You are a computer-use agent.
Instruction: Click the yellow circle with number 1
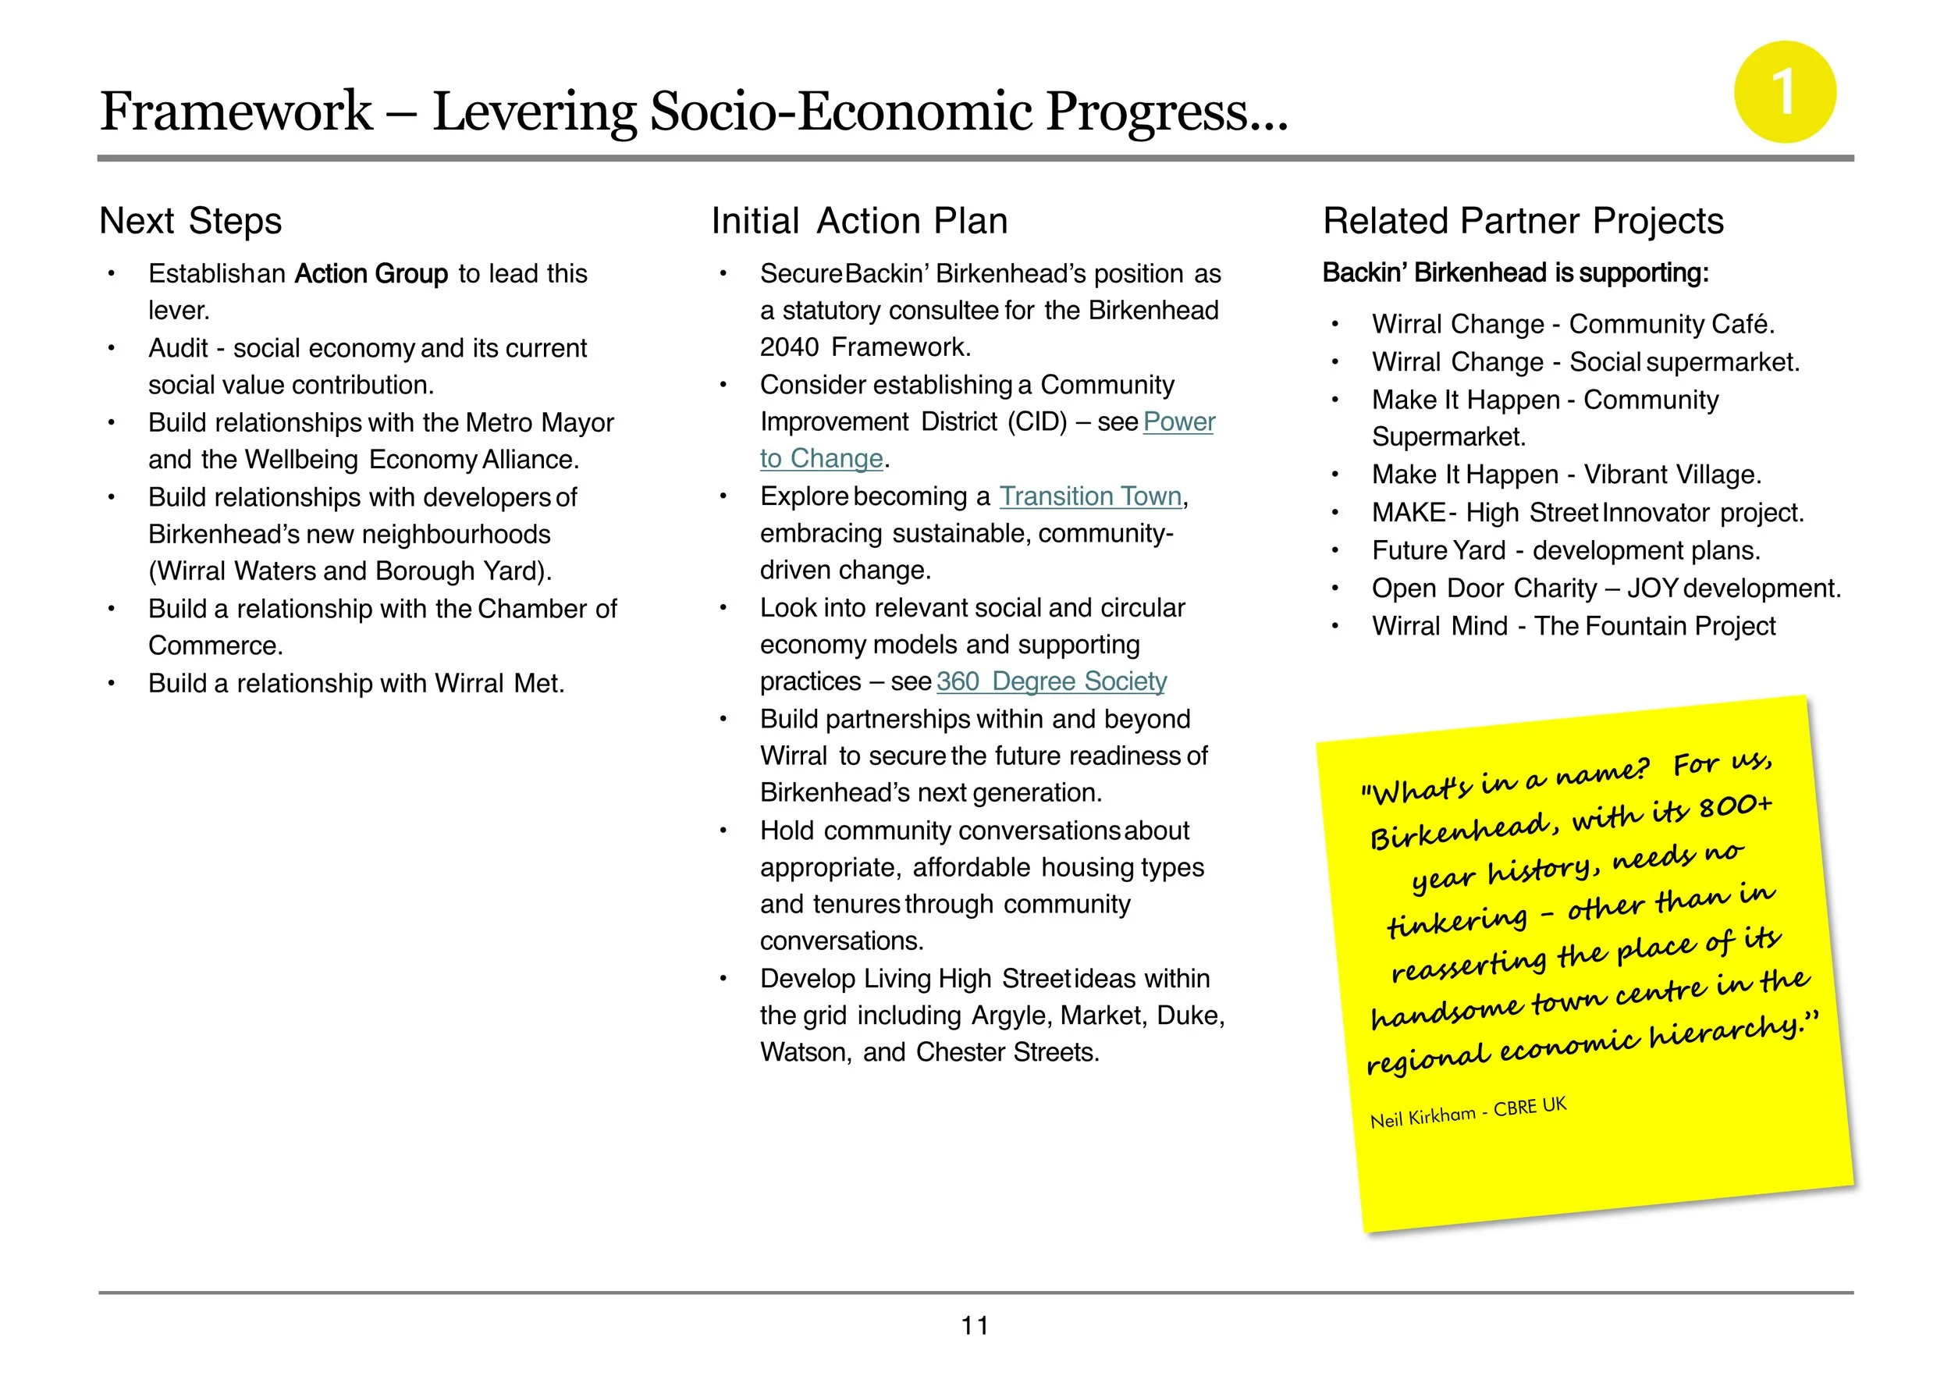click(x=1785, y=92)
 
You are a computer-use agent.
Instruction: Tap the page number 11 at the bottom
click(x=975, y=1325)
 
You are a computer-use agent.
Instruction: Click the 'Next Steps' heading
click(x=190, y=221)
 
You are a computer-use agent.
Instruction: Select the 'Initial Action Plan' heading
click(x=859, y=221)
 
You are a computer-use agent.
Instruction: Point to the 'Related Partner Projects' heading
click(x=1523, y=221)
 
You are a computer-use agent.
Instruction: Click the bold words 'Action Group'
click(x=371, y=274)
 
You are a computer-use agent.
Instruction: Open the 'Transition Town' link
click(x=1090, y=496)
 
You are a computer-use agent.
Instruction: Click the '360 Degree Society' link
click(x=1051, y=681)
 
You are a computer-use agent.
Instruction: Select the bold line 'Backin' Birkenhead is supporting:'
click(x=1515, y=272)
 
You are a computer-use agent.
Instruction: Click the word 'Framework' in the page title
click(x=236, y=112)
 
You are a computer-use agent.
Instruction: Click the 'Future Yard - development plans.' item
click(x=1565, y=550)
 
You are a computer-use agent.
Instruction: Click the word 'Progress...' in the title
click(x=1167, y=112)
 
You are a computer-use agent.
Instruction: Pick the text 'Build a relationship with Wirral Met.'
click(x=356, y=683)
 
